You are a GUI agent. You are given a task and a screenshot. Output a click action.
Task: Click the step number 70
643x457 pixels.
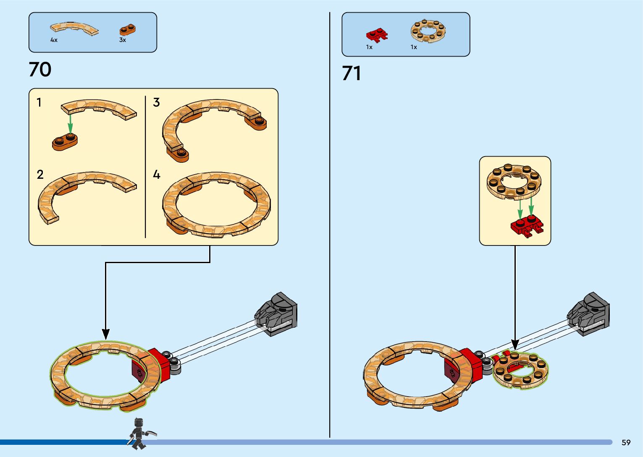tap(40, 70)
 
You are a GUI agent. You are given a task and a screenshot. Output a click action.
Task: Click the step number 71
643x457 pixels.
tap(352, 73)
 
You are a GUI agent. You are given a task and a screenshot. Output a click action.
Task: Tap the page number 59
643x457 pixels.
tap(626, 442)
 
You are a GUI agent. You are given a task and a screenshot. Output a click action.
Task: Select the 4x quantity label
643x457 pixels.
tap(54, 40)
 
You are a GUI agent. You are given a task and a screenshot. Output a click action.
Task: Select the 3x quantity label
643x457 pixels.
tap(123, 40)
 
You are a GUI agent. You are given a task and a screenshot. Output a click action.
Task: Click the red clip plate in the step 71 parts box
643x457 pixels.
tap(377, 35)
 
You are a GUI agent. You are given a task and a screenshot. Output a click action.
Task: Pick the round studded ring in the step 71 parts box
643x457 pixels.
tap(428, 31)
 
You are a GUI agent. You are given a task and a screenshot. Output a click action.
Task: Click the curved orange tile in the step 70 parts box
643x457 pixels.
tap(74, 29)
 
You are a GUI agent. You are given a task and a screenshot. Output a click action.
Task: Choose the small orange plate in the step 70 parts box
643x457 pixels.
tap(127, 29)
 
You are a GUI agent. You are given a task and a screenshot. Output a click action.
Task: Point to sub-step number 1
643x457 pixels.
tap(39, 102)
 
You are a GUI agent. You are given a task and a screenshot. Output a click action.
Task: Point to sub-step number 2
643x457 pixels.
tap(40, 175)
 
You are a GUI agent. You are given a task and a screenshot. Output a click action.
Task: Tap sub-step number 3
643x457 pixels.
tap(156, 102)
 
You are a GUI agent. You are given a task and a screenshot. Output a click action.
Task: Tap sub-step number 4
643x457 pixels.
tap(156, 175)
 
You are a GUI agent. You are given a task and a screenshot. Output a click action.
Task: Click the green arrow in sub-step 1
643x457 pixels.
tap(70, 124)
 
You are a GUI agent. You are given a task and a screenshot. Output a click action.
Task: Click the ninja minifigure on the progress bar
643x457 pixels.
tap(139, 433)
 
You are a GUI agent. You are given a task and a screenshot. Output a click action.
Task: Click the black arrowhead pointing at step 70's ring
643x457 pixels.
tap(106, 334)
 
